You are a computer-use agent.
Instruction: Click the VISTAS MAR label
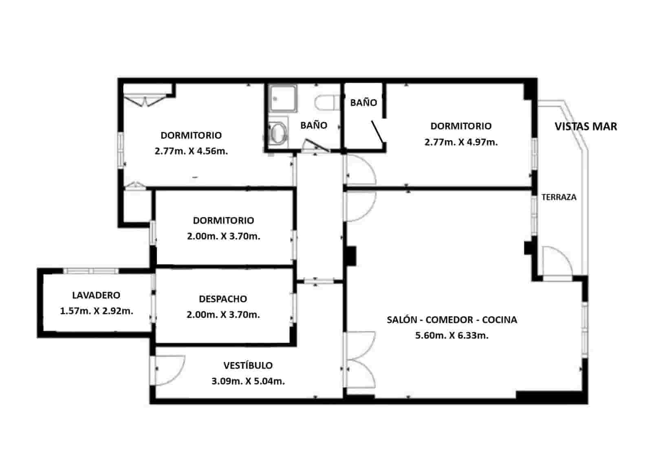(x=586, y=126)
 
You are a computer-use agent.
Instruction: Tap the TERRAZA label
(x=559, y=197)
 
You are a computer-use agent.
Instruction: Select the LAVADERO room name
(x=96, y=295)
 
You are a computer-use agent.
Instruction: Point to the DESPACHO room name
(x=223, y=299)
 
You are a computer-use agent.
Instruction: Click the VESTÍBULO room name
(x=248, y=365)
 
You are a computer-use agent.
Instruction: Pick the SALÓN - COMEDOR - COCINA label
(x=452, y=320)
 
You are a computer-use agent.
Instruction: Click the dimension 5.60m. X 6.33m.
(x=452, y=335)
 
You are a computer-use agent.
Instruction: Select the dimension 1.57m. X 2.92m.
(x=97, y=311)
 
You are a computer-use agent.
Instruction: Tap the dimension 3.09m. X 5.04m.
(x=248, y=382)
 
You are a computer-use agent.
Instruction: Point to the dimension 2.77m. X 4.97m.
(x=461, y=142)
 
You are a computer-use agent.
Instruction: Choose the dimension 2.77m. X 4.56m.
(x=191, y=151)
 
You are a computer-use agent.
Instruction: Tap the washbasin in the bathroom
(x=278, y=132)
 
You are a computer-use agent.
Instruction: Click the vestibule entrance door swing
(x=169, y=370)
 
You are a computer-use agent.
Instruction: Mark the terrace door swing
(x=557, y=261)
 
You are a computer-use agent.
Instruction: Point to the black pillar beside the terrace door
(x=529, y=248)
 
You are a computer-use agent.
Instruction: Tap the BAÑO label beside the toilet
(x=314, y=125)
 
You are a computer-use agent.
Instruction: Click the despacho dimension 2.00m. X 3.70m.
(x=223, y=315)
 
